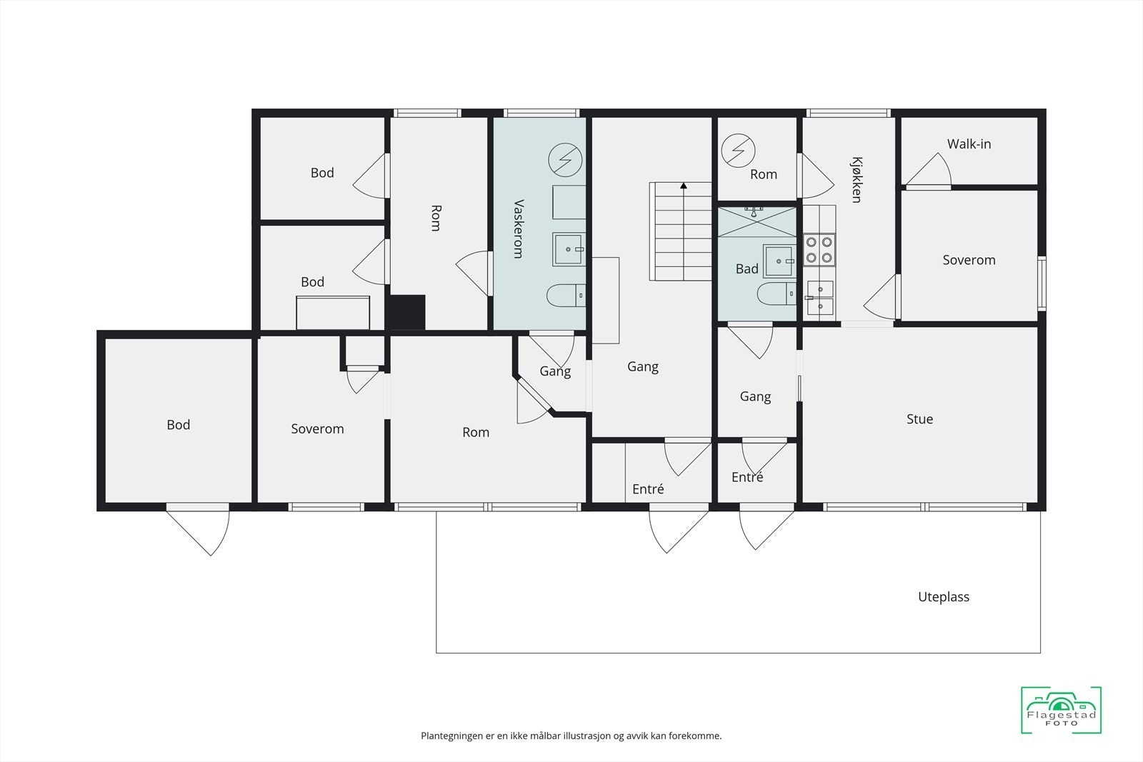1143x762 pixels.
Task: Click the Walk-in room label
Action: tap(969, 144)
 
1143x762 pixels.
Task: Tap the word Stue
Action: tap(919, 419)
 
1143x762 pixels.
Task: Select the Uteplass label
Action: tap(944, 597)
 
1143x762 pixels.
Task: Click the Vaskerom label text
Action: tap(519, 229)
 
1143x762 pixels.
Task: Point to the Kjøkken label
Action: tap(857, 179)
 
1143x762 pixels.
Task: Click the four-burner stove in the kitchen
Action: tap(819, 249)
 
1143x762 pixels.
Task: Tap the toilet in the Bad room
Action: tap(776, 294)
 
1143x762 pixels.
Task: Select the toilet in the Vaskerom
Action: tap(566, 296)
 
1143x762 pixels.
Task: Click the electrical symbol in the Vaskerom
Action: tap(565, 160)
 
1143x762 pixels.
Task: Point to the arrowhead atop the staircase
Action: tap(683, 186)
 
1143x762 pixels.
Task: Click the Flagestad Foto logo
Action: tap(1061, 710)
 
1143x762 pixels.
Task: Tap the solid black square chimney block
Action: tap(406, 312)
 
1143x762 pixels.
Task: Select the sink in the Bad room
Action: tap(779, 261)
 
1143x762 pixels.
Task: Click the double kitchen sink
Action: tap(819, 297)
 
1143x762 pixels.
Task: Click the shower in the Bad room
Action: tap(757, 221)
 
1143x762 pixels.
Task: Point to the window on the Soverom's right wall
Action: tap(1042, 284)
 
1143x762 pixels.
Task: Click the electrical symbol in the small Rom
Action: tap(738, 151)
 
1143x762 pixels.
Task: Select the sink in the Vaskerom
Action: tap(569, 249)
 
